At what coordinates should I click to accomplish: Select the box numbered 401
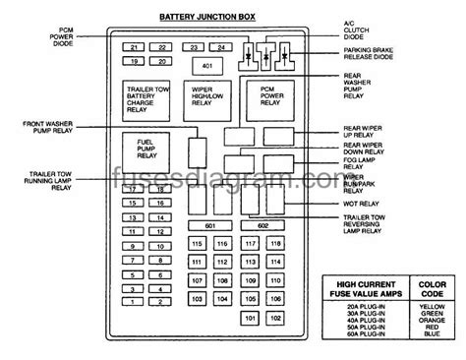tap(207, 66)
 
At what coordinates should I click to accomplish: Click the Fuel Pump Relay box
tap(147, 150)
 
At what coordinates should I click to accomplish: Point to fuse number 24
tap(222, 47)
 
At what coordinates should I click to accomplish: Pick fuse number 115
tap(199, 242)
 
